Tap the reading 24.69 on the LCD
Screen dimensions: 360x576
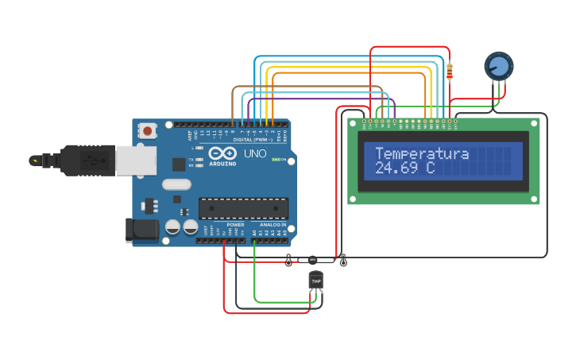pyautogui.click(x=395, y=168)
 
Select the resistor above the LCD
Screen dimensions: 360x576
pyautogui.click(x=450, y=72)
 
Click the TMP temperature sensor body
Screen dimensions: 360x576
pyautogui.click(x=315, y=281)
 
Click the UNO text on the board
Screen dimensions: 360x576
pyautogui.click(x=254, y=153)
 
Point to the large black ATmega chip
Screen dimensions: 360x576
pyautogui.click(x=243, y=208)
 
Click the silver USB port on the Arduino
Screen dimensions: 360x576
pyautogui.click(x=136, y=161)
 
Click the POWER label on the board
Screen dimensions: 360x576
pyautogui.click(x=235, y=225)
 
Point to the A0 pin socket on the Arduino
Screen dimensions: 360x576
pyautogui.click(x=254, y=240)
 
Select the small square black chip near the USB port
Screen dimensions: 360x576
pyautogui.click(x=179, y=165)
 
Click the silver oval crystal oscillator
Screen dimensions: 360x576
pyautogui.click(x=176, y=184)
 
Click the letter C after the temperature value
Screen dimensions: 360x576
pyautogui.click(x=430, y=168)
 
